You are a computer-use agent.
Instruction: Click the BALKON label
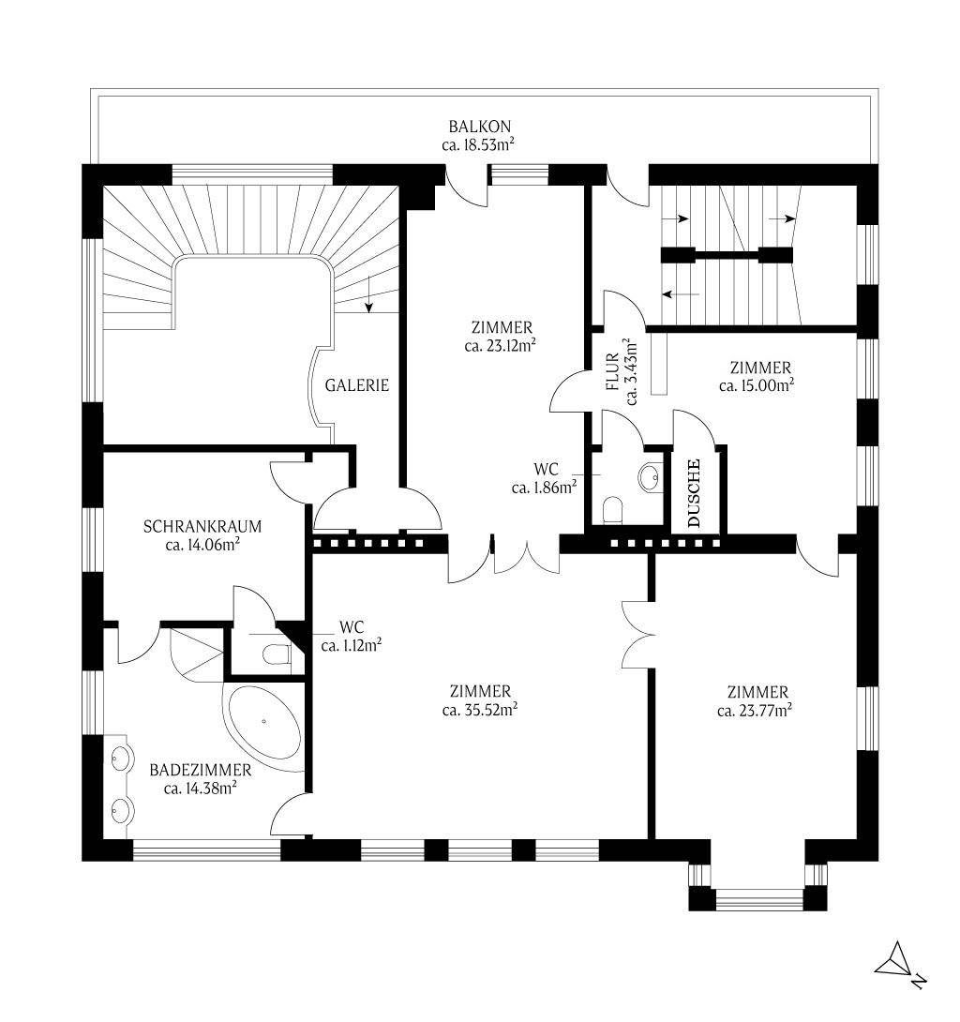pyautogui.click(x=479, y=127)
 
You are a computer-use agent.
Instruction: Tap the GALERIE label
pyautogui.click(x=356, y=385)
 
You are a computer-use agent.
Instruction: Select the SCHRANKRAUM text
pyautogui.click(x=202, y=526)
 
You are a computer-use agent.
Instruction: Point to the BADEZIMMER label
pyautogui.click(x=200, y=770)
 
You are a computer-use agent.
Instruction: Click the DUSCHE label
pyautogui.click(x=694, y=493)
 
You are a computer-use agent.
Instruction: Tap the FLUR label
pyautogui.click(x=612, y=371)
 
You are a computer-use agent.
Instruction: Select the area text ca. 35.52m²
pyautogui.click(x=480, y=710)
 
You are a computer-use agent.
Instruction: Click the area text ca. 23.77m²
pyautogui.click(x=755, y=711)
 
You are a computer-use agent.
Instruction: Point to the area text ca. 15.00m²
pyautogui.click(x=757, y=385)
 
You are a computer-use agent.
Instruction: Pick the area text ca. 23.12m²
pyautogui.click(x=500, y=345)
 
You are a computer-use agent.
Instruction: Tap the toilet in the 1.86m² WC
pyautogui.click(x=613, y=510)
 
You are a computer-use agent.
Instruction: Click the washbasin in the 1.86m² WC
pyautogui.click(x=650, y=477)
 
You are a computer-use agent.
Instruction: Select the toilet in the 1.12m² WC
pyautogui.click(x=277, y=654)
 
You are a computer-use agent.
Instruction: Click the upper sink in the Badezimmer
pyautogui.click(x=121, y=758)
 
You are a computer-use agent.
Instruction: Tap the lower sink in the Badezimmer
pyautogui.click(x=122, y=811)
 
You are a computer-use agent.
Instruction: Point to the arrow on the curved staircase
pyautogui.click(x=368, y=294)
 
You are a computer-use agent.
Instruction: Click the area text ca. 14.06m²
pyautogui.click(x=202, y=544)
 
